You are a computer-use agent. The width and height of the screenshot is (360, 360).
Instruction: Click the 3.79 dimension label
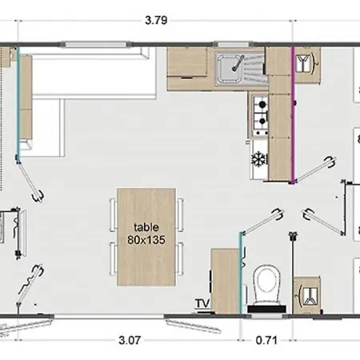click(156, 20)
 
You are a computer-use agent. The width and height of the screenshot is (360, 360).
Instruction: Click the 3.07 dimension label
click(130, 340)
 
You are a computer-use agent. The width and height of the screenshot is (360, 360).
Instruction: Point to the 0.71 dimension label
click(266, 340)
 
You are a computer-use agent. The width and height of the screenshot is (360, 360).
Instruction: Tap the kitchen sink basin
click(230, 68)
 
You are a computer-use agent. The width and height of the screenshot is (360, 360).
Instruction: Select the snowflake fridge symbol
click(259, 159)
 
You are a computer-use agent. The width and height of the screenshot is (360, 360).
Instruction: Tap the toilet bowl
click(266, 284)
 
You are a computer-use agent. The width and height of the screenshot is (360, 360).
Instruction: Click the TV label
click(202, 303)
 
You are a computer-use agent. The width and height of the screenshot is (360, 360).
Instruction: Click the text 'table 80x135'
click(146, 234)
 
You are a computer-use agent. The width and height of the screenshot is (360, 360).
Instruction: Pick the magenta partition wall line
click(293, 115)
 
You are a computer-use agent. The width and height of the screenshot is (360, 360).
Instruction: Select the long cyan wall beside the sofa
click(18, 103)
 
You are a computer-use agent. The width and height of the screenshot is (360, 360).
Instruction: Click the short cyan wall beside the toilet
click(241, 273)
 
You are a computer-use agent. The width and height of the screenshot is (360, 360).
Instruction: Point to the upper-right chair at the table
click(181, 214)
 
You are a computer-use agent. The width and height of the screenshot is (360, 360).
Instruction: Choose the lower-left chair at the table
click(113, 258)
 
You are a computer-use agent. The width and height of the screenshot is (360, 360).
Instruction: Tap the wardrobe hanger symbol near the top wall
click(306, 64)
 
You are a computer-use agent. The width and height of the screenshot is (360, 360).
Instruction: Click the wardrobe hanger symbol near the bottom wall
click(307, 296)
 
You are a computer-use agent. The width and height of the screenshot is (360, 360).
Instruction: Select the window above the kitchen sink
click(234, 44)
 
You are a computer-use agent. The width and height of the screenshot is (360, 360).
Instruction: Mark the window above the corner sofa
click(95, 44)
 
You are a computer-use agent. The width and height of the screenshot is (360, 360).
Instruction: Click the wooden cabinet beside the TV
click(225, 281)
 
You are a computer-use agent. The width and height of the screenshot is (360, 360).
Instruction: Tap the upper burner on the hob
click(262, 104)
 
